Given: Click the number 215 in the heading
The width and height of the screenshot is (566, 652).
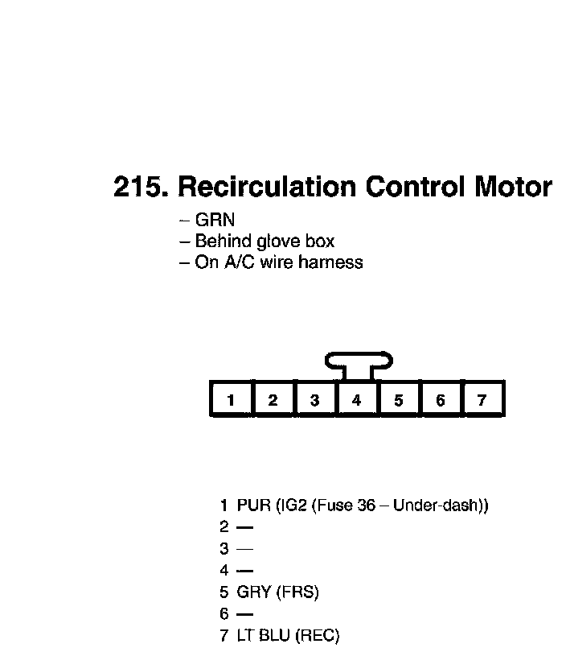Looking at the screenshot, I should coord(140,188).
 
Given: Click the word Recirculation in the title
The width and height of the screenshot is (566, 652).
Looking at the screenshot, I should coord(266,188).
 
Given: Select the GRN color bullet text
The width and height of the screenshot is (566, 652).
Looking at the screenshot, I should coord(215,220).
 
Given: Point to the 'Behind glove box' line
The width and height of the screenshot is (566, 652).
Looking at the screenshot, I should coord(265,241).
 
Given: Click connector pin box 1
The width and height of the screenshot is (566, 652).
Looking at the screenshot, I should coord(231,400).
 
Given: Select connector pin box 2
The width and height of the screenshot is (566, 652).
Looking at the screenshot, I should coord(273,400).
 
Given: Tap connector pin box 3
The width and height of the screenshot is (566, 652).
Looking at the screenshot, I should coord(314,400).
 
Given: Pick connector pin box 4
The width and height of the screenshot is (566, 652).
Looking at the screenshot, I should coord(356,400).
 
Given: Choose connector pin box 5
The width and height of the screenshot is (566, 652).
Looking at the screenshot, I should coord(398,400).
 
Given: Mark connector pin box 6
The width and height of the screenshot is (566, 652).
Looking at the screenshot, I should coord(440,400).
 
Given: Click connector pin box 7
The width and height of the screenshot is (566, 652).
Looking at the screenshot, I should coord(482,400).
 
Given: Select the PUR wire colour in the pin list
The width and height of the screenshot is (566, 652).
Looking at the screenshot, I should coord(253,506).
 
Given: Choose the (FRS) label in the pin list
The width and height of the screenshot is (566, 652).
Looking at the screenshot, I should coord(297,593).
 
